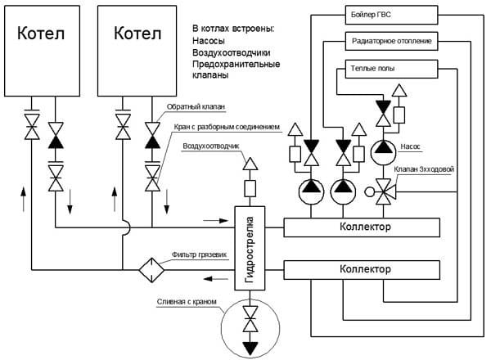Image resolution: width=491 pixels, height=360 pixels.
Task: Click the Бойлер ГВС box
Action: [x=391, y=15]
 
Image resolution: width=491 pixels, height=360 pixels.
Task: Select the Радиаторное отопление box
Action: [x=391, y=41]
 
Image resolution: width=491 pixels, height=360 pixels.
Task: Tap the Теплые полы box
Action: [x=391, y=69]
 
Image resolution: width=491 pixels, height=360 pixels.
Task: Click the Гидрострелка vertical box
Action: [x=250, y=248]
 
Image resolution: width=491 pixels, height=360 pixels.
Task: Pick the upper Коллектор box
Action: [x=362, y=227]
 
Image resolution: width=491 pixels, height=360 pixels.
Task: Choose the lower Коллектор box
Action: [x=362, y=270]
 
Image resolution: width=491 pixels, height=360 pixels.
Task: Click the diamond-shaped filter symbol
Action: [x=151, y=270]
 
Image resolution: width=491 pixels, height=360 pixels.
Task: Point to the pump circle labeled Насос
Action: [x=383, y=152]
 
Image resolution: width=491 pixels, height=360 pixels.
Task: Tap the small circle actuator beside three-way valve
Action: [x=370, y=191]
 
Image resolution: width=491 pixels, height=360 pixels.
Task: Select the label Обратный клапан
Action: [x=196, y=106]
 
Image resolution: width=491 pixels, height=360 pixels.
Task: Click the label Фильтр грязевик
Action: [x=199, y=254]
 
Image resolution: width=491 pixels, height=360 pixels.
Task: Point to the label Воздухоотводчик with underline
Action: [x=211, y=146]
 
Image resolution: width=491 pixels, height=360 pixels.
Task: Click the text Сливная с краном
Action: [x=187, y=302]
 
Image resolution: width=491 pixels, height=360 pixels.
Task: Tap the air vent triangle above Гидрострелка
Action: [x=250, y=164]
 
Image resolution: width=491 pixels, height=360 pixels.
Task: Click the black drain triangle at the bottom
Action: [x=250, y=349]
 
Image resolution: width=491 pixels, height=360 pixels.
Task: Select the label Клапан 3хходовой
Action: [x=424, y=169]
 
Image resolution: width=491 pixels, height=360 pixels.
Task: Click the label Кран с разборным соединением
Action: [x=227, y=127]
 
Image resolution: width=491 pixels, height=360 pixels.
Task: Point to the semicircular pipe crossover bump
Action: [x=127, y=227]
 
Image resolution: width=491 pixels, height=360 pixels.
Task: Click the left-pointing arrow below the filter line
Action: [x=216, y=278]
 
